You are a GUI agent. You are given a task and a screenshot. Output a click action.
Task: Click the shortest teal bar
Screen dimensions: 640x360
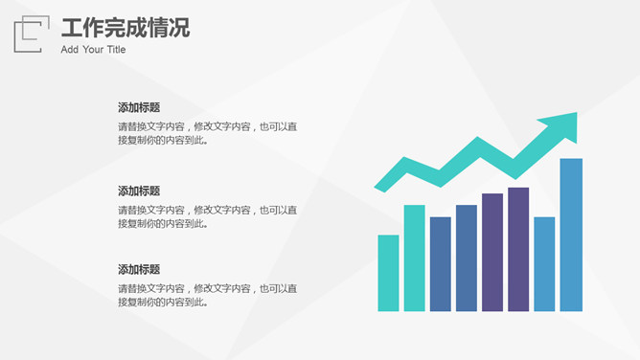(x=388, y=273)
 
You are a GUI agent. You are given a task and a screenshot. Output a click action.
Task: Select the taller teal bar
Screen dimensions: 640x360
(x=414, y=259)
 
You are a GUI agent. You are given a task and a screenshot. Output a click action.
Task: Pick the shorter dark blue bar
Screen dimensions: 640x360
(x=441, y=264)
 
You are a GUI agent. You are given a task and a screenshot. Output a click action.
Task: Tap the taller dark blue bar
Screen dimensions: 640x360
(x=467, y=259)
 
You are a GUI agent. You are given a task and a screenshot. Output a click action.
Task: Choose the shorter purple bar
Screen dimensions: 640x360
(x=492, y=253)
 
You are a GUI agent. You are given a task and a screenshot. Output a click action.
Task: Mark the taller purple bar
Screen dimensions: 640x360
(x=518, y=250)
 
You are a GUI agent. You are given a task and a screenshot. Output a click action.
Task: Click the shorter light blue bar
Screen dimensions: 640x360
(x=544, y=264)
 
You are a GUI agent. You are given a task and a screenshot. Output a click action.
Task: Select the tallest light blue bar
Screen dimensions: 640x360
(x=571, y=235)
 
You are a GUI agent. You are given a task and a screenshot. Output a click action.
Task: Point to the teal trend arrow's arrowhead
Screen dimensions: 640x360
(x=562, y=125)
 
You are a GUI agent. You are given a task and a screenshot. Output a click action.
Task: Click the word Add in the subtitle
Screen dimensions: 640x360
(x=69, y=50)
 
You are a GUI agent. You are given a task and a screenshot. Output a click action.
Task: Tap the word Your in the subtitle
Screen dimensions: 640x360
(x=93, y=50)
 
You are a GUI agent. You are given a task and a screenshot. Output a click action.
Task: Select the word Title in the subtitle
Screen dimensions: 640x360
(x=116, y=50)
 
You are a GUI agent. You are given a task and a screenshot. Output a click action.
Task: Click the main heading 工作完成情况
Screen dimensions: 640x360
(x=126, y=28)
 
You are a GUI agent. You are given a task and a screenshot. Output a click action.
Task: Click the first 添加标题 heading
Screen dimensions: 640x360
(x=139, y=107)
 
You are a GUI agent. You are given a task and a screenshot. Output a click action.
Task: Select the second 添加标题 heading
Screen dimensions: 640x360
(x=139, y=191)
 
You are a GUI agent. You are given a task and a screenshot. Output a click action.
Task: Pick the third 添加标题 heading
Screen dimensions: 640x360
(x=139, y=269)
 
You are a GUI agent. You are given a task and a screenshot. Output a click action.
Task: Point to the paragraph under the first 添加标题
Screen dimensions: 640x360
(x=207, y=133)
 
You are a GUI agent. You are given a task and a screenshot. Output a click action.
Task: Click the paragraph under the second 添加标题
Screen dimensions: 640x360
(x=207, y=216)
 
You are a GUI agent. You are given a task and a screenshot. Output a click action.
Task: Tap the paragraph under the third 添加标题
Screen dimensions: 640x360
(x=207, y=295)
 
